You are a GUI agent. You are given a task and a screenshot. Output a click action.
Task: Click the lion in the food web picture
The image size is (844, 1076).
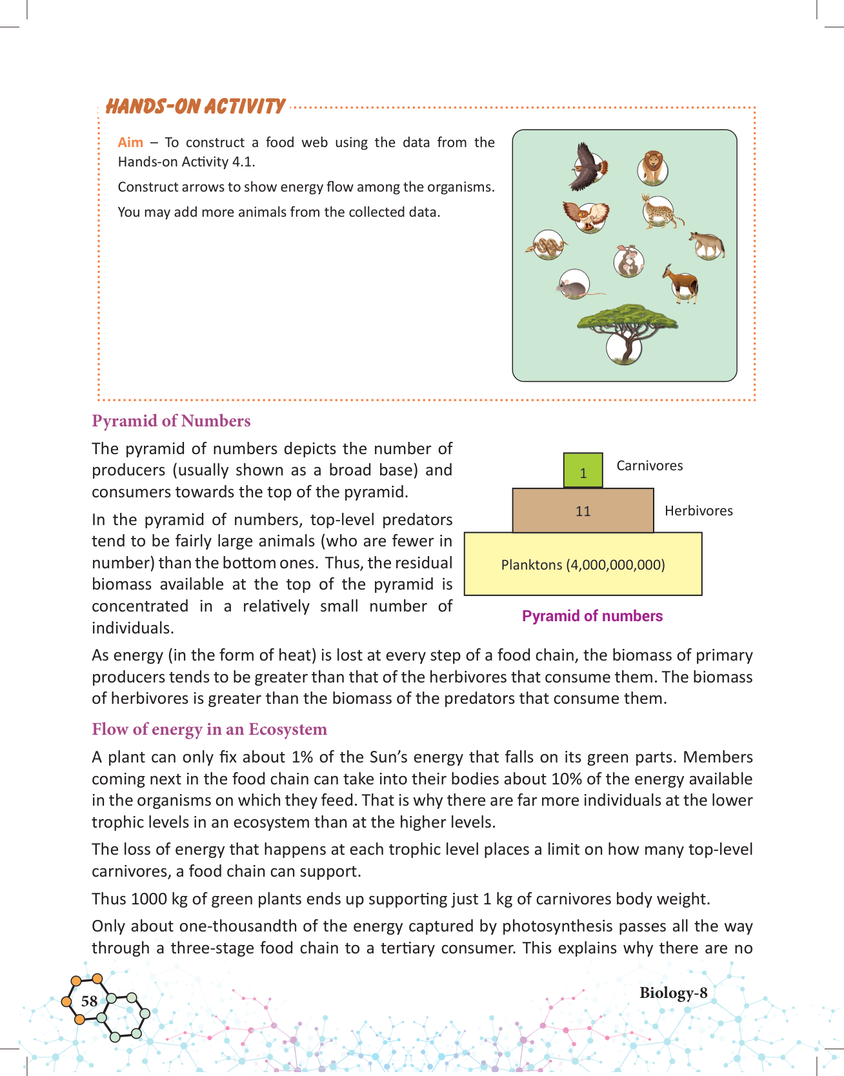[x=653, y=168]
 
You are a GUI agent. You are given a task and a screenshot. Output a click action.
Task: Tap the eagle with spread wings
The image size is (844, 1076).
[x=588, y=167]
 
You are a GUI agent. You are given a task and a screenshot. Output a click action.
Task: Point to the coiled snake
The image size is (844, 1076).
[x=547, y=246]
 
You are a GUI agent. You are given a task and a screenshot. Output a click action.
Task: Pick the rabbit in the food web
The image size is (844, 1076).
[x=628, y=261]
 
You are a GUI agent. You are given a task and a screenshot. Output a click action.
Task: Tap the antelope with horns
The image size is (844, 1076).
[x=682, y=283]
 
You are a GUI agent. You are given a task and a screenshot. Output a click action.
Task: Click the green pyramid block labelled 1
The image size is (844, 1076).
[x=583, y=470]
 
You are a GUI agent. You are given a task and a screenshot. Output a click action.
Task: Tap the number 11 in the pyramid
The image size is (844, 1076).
[x=583, y=511]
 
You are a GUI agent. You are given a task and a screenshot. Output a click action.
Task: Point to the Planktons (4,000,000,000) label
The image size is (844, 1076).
[x=583, y=565]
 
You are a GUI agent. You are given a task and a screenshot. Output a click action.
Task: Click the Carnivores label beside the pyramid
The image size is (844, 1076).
[x=649, y=466]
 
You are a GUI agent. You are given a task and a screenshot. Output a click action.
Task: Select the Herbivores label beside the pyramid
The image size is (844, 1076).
[x=699, y=511]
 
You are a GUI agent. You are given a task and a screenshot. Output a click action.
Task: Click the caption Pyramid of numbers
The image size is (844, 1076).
[x=592, y=616]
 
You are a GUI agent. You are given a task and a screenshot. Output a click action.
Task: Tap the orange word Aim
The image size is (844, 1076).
[x=130, y=143]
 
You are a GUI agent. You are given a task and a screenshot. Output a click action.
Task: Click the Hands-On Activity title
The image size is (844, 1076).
[x=195, y=106]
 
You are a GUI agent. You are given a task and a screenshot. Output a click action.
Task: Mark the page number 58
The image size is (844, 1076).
[x=89, y=1001]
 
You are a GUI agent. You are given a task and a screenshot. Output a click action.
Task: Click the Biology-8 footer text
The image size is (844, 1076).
[x=673, y=993]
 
